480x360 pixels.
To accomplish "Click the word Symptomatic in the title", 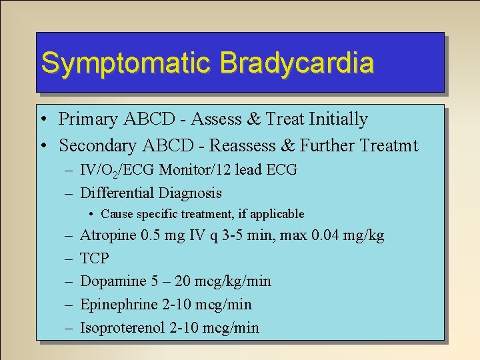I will pyautogui.click(x=127, y=63).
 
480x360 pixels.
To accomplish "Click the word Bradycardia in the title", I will pyautogui.click(x=297, y=63).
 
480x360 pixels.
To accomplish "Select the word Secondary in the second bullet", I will pyautogui.click(x=100, y=145).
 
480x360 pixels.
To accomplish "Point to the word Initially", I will pyautogui.click(x=337, y=119).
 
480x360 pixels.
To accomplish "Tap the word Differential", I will pyautogui.click(x=115, y=193).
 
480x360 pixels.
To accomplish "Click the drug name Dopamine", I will pyautogui.click(x=111, y=281).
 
